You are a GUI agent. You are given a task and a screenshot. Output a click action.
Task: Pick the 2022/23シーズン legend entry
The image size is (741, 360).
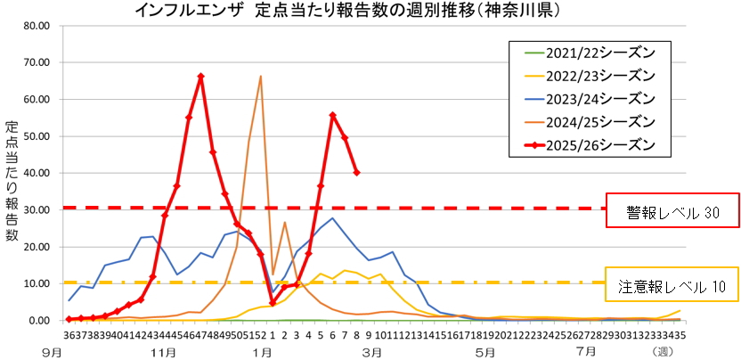588,74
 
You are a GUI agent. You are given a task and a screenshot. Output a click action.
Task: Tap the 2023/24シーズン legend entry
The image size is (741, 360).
588,97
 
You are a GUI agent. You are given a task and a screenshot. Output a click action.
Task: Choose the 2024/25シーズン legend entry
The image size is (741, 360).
588,120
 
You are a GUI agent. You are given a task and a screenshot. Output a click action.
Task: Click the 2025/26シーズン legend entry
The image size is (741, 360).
588,143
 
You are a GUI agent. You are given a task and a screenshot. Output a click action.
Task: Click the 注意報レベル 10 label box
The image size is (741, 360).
672,287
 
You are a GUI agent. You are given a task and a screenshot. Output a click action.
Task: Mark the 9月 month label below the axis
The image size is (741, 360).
55,351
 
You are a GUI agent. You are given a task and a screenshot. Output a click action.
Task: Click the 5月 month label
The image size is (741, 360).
484,351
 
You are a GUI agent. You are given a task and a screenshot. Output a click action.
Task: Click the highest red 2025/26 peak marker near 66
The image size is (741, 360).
200,77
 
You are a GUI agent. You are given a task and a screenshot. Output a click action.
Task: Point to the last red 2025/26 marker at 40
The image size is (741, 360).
356,172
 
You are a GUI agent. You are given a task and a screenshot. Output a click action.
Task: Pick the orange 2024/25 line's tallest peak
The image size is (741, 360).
260,77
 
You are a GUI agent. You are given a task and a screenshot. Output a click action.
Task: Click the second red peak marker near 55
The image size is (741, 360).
332,115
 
